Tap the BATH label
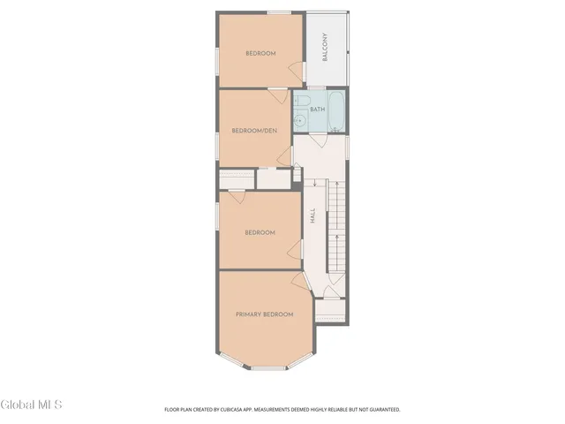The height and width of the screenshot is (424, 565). click(317, 110)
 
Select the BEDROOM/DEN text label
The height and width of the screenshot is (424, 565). click(253, 131)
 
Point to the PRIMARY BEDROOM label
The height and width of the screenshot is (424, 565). click(264, 314)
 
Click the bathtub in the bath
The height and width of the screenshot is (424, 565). click(337, 110)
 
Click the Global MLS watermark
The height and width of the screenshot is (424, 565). click(32, 405)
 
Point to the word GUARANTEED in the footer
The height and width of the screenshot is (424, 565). click(381, 410)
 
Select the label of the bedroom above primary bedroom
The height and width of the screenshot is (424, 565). click(260, 232)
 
